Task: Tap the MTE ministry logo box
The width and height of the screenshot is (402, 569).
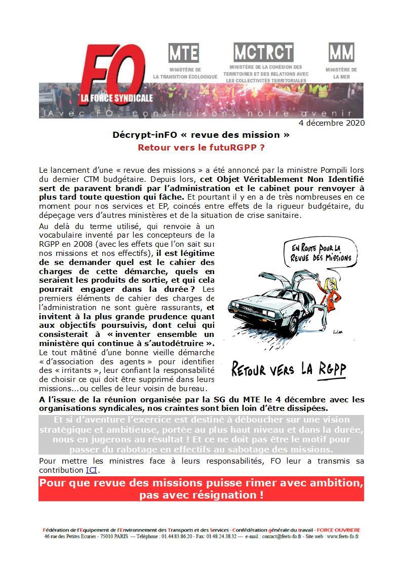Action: (183, 53)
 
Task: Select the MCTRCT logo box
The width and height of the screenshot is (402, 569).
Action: (263, 52)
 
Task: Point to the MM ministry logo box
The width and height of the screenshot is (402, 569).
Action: (341, 53)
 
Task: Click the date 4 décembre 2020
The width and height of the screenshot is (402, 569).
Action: (332, 123)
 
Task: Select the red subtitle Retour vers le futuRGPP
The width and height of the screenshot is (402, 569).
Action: (201, 147)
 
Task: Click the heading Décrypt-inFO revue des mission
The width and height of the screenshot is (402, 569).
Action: (201, 135)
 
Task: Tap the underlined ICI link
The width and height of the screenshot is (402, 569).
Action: (91, 470)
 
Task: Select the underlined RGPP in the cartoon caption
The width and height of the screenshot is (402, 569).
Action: (332, 368)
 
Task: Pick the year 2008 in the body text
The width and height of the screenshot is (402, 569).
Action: (84, 243)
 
